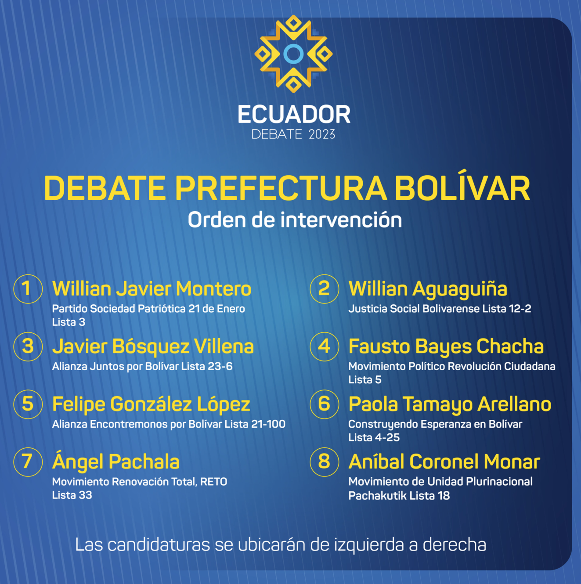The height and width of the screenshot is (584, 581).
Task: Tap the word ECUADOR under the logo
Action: click(x=294, y=114)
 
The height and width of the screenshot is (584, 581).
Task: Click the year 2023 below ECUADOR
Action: click(x=322, y=134)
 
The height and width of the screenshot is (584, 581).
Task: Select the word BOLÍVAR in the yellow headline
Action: click(x=462, y=188)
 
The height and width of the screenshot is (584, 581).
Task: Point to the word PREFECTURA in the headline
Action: click(x=281, y=188)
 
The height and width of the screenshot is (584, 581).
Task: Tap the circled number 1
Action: click(x=28, y=289)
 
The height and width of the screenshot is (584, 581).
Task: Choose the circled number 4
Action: click(x=324, y=346)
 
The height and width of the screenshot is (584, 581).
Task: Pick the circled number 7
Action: click(x=28, y=462)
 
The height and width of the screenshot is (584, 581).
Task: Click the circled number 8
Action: click(x=324, y=462)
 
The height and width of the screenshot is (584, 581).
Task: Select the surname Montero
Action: click(x=213, y=288)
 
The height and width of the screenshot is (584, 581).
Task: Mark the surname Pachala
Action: click(x=144, y=462)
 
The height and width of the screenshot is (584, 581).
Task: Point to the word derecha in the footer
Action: click(x=455, y=544)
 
